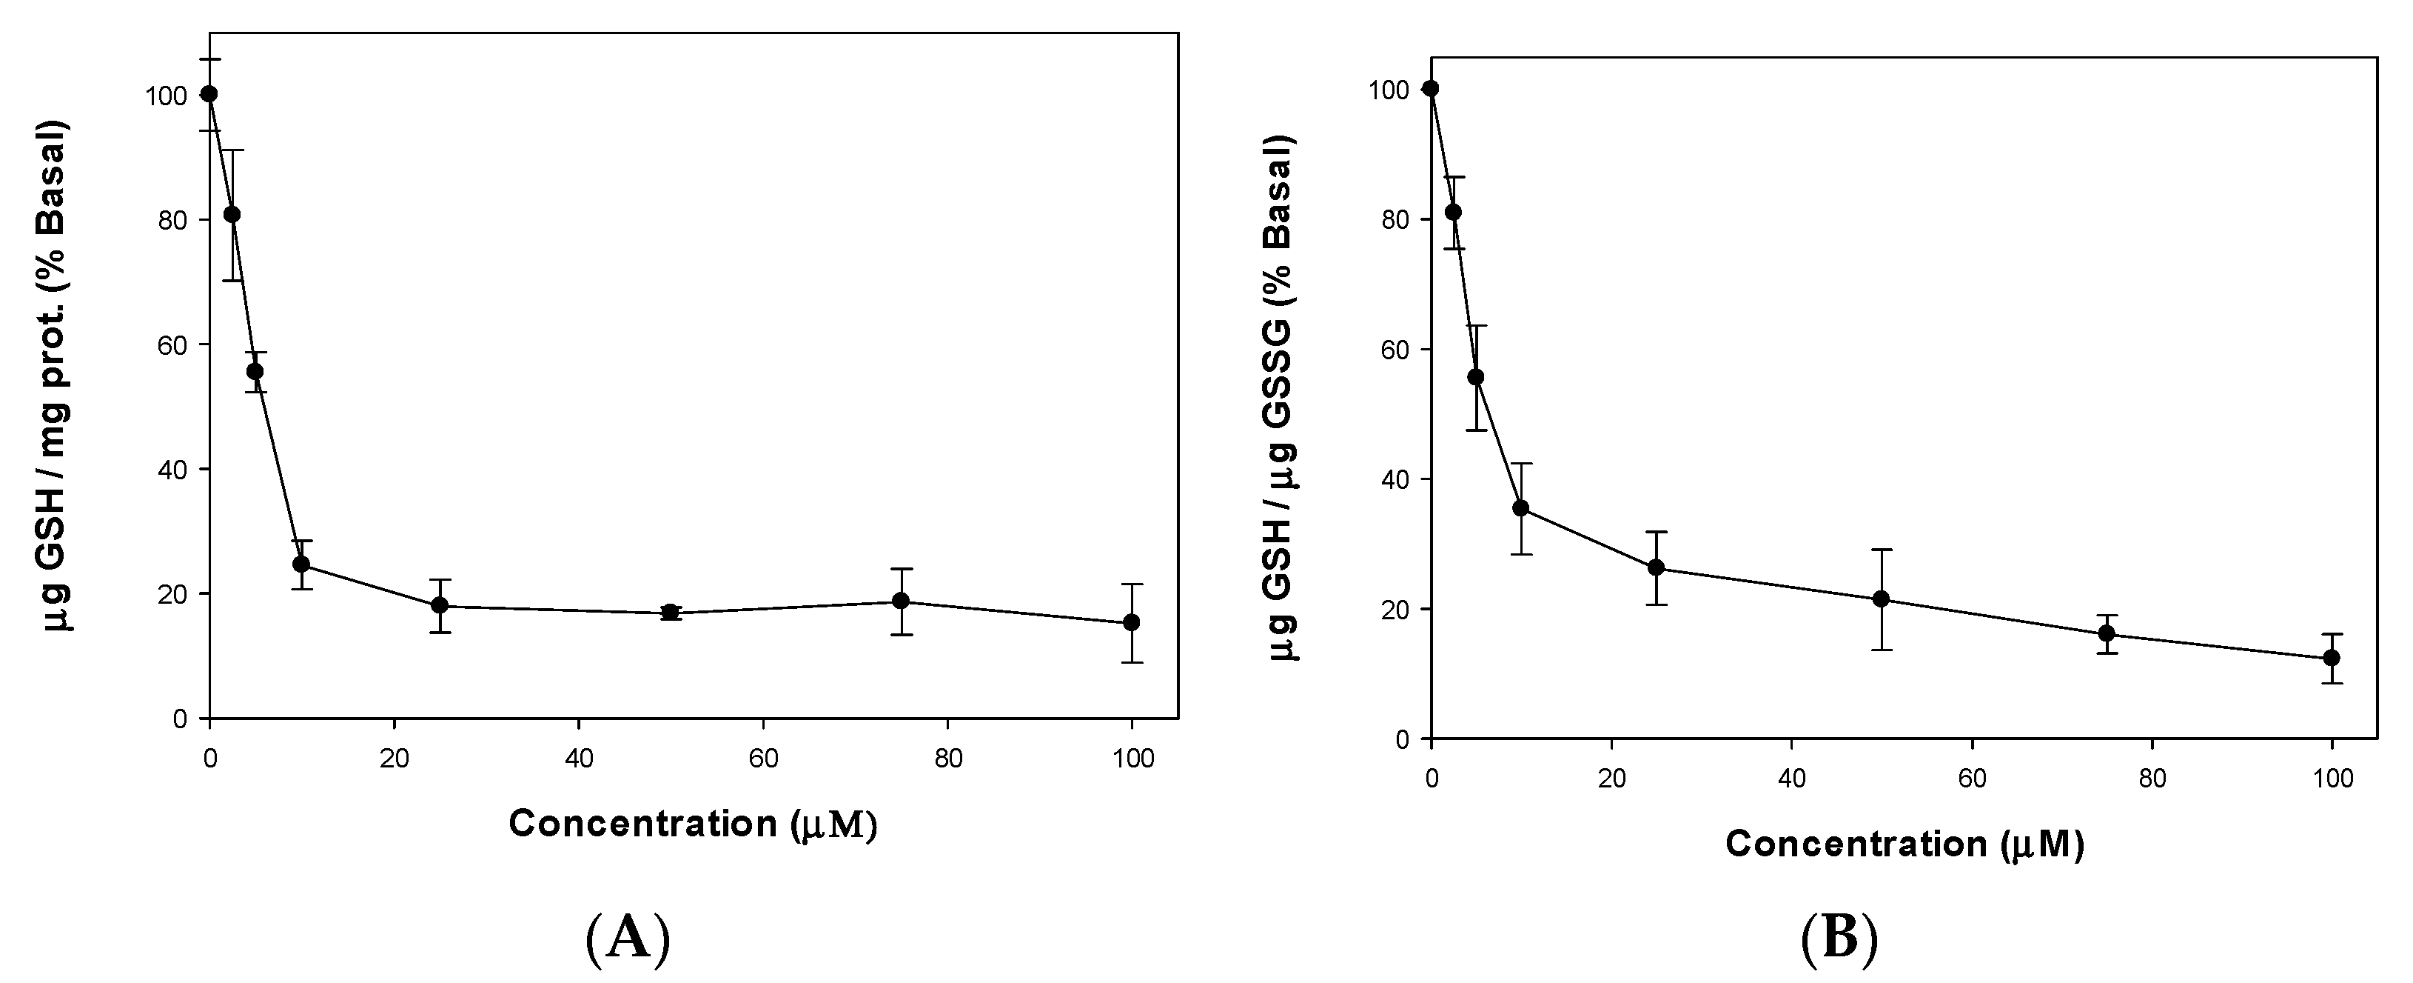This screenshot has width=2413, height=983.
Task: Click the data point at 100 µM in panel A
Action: (1132, 622)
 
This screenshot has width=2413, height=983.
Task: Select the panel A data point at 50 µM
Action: (670, 613)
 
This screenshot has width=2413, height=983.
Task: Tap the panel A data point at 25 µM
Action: (440, 605)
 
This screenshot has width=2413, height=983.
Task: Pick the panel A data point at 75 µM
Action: (900, 601)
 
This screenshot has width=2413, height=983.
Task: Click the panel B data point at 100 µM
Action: (2332, 658)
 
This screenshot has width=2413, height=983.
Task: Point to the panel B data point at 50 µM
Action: (1880, 599)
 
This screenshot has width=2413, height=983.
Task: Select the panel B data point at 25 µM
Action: (1655, 568)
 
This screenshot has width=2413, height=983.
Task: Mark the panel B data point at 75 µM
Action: (2107, 633)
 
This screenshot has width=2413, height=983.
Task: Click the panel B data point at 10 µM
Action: (1520, 508)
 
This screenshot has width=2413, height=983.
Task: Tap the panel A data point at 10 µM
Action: (301, 564)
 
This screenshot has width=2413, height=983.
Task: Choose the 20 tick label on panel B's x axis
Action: (1611, 779)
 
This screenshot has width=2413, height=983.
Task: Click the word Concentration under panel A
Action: (642, 824)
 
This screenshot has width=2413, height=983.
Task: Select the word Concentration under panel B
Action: (1856, 844)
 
